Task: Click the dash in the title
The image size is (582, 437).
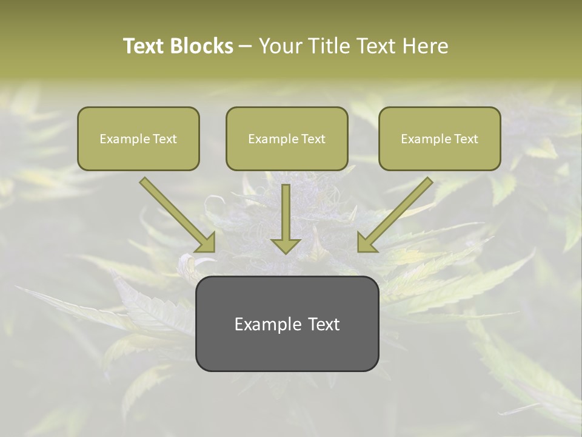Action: [x=246, y=46]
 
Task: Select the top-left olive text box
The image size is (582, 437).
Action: [x=138, y=138]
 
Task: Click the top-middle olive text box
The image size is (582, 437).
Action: [x=287, y=138]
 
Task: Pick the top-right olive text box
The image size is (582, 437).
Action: [x=440, y=138]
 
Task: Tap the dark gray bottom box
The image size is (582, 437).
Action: [x=287, y=324]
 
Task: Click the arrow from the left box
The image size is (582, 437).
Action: [x=176, y=212]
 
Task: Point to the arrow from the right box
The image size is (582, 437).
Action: [x=396, y=212]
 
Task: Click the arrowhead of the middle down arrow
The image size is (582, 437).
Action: [x=286, y=245]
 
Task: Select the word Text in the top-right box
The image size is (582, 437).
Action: [x=466, y=139]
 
